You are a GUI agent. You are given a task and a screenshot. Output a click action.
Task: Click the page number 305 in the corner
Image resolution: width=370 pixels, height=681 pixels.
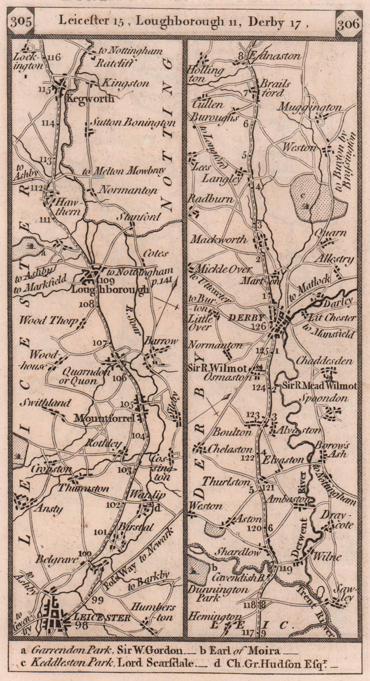tap(21, 22)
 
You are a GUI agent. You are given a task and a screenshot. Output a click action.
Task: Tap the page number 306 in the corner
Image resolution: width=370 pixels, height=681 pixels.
tap(348, 23)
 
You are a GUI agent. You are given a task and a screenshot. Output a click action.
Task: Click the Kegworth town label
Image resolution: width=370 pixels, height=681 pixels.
tap(90, 99)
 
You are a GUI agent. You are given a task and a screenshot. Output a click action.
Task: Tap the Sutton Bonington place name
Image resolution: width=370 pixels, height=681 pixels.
tap(133, 123)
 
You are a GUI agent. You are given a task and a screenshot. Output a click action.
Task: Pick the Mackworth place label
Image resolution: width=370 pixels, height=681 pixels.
tap(218, 240)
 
